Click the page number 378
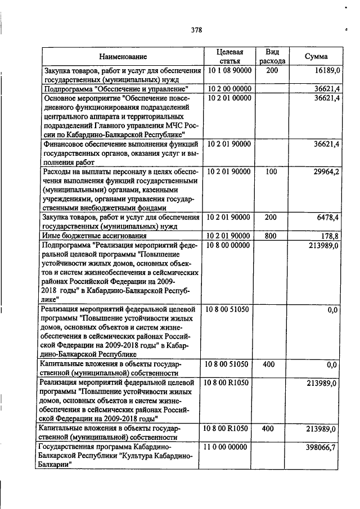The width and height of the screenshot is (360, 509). (196, 30)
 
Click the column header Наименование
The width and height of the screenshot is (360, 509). (123, 56)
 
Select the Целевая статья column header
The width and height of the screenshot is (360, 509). (229, 56)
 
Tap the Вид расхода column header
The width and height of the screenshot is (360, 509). (272, 56)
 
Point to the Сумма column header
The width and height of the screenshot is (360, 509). (316, 56)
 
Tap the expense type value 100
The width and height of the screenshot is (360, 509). (271, 172)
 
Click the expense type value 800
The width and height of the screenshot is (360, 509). (271, 236)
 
